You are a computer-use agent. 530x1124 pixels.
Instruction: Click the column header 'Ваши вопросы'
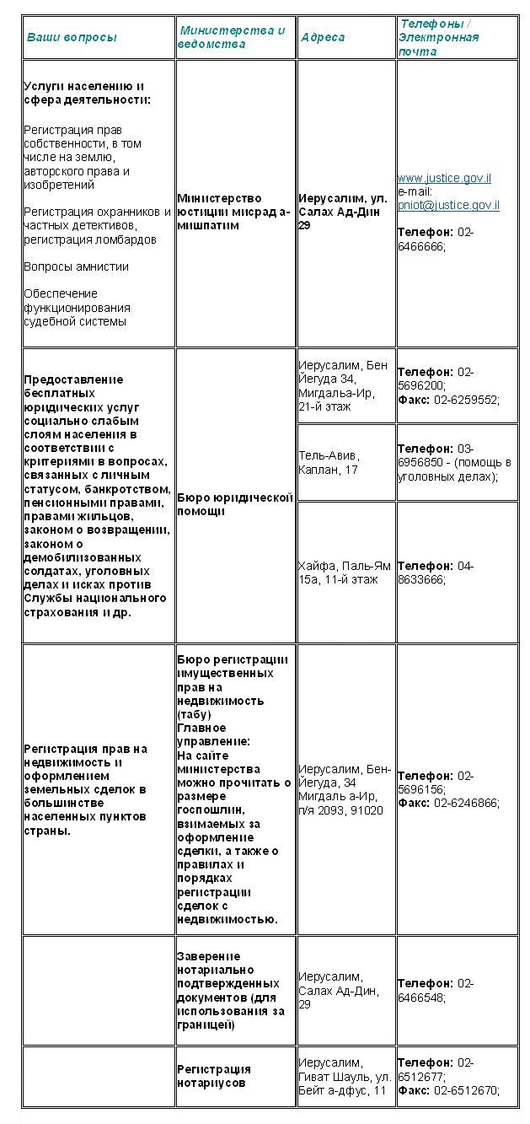point(72,37)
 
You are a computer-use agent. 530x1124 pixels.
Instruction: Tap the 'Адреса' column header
point(323,37)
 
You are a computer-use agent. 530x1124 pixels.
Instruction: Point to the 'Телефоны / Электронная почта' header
point(439,38)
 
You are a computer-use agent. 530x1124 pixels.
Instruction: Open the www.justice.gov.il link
point(444,178)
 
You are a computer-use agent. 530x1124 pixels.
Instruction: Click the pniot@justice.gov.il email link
point(448,205)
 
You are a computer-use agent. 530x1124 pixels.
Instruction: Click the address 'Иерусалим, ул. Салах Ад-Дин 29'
point(343,212)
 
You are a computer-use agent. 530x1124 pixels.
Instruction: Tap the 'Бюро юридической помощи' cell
point(234,504)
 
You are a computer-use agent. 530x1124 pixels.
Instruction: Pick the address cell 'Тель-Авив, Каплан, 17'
point(328,463)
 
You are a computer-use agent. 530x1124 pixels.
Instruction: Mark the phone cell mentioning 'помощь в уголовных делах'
point(454,463)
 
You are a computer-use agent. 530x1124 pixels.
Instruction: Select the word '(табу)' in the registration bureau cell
point(194,714)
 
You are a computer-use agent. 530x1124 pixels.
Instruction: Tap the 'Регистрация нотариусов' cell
point(214,1076)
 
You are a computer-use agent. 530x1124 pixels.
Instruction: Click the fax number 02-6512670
point(467,1090)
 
